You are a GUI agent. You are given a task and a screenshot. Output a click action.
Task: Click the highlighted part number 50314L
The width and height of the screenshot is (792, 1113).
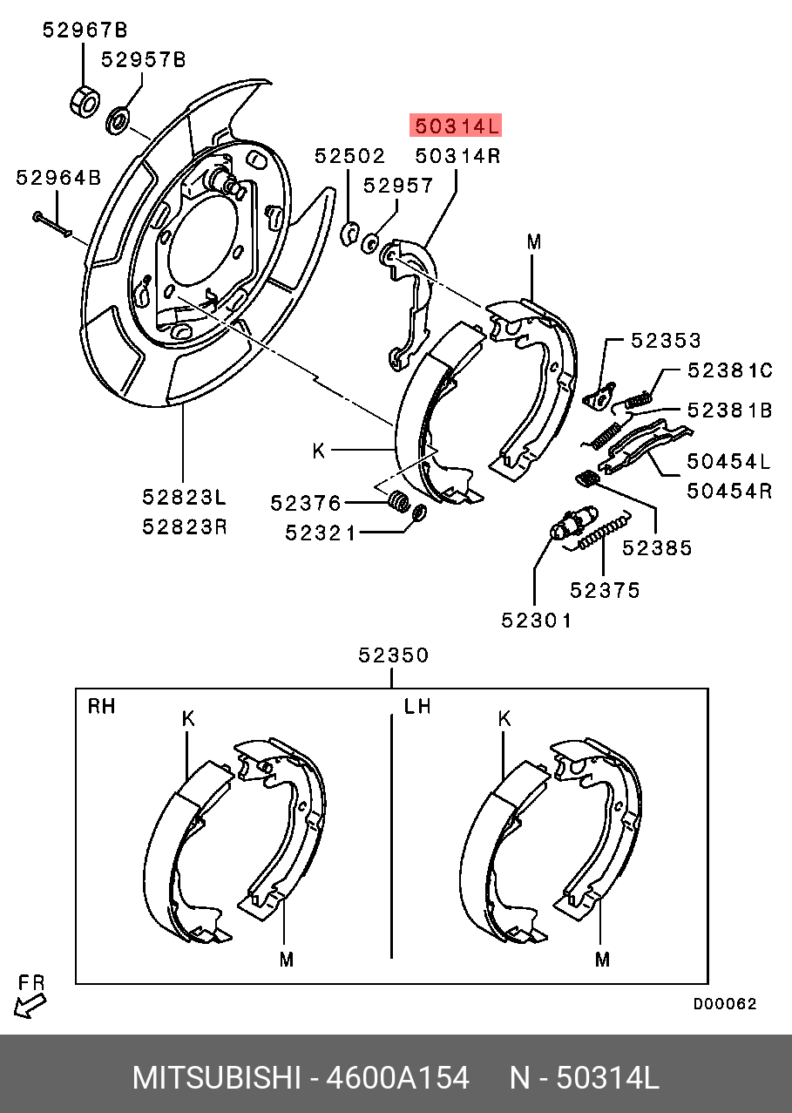[x=457, y=127]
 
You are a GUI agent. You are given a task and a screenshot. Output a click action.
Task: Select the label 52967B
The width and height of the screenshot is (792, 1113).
[x=85, y=31]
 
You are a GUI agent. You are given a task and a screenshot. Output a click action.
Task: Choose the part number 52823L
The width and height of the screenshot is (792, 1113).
[x=185, y=498]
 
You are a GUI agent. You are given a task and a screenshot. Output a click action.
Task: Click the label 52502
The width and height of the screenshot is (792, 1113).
[x=349, y=156]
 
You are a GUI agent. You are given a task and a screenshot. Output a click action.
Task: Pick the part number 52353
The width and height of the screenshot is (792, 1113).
[x=666, y=341]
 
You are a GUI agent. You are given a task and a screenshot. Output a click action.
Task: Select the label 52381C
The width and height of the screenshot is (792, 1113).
[x=729, y=370]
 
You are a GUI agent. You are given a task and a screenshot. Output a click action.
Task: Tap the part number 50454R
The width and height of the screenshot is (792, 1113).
[x=729, y=490]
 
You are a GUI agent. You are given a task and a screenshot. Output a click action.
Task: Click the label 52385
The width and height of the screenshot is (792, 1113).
[x=657, y=548]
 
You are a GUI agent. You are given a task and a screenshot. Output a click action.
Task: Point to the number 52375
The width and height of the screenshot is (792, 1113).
[x=605, y=590]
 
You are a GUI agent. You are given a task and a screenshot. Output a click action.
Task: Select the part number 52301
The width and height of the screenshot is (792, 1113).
[x=537, y=621]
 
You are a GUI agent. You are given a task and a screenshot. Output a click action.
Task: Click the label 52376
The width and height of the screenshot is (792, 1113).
[x=305, y=503]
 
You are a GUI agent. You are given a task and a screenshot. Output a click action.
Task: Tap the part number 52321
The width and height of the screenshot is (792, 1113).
[x=321, y=532]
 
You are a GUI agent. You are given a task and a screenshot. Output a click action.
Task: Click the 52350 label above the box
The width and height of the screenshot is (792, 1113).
[x=394, y=655]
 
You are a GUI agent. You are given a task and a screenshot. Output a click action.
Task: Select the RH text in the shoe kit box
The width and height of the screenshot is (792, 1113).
[x=101, y=706]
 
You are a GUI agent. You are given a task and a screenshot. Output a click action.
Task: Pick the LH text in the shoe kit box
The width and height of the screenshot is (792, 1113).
[x=417, y=706]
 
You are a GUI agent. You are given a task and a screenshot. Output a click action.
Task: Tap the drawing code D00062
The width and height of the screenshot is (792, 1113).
[x=725, y=1004]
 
